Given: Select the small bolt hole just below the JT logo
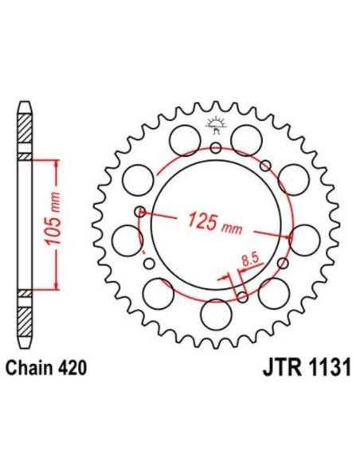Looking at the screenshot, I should (x=216, y=147).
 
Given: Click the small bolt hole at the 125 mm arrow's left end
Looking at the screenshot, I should (x=140, y=212).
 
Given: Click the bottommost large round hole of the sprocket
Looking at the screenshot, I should (x=215, y=314).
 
